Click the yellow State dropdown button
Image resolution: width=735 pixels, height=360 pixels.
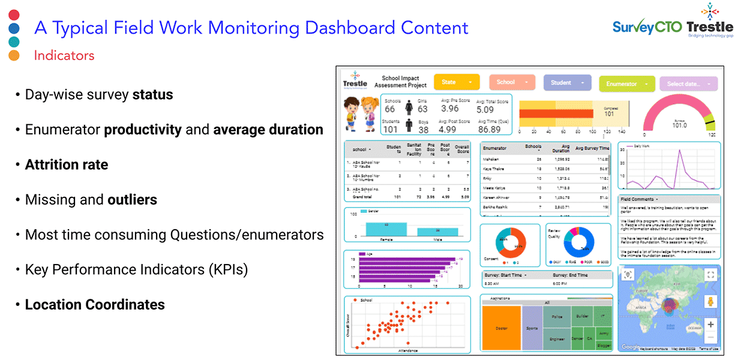456,82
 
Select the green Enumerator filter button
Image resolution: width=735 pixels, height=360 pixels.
626,84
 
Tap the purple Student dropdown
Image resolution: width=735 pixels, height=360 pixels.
568,83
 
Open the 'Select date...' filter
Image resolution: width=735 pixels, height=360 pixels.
688,84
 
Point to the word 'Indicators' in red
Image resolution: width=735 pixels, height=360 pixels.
64,56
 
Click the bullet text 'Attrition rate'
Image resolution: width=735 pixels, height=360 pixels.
67,164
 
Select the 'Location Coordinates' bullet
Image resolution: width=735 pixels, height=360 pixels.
95,304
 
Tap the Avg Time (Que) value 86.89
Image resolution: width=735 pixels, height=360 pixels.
489,129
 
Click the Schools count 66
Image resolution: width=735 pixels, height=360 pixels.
390,109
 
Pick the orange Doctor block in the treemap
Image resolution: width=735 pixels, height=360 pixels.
501,328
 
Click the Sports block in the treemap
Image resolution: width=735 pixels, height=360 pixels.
532,328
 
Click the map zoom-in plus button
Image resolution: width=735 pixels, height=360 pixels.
710,325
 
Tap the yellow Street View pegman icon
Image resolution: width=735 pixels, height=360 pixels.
710,301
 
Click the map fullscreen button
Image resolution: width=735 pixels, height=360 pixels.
710,275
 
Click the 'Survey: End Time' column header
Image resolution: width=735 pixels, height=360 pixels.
570,275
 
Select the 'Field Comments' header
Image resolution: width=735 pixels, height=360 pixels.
638,199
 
